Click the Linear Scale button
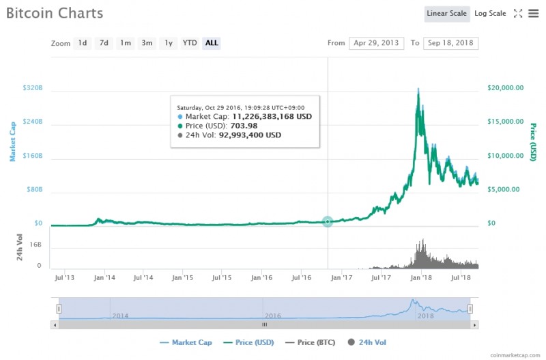(x=447, y=14)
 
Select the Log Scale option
(x=490, y=14)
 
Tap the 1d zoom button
(x=83, y=43)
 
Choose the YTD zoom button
(x=190, y=43)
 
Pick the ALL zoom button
(x=212, y=43)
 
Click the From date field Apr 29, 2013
(x=376, y=43)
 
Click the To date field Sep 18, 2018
(x=450, y=43)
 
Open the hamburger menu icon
(x=533, y=14)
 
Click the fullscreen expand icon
(x=518, y=14)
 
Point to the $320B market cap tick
(x=33, y=88)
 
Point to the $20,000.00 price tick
(x=506, y=88)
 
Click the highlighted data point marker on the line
(x=328, y=221)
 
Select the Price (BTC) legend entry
(x=313, y=342)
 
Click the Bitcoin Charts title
(x=55, y=13)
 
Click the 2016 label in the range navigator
(x=273, y=316)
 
